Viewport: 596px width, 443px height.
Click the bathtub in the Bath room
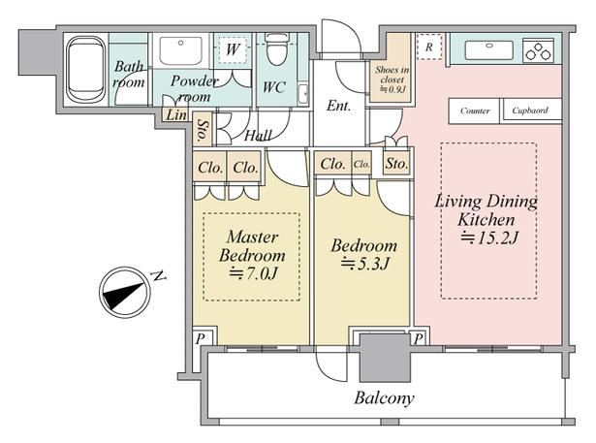pos(86,70)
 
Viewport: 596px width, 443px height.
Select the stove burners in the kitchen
pos(538,51)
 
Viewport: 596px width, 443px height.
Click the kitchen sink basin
pos(489,50)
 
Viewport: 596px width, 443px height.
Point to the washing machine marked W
pos(233,49)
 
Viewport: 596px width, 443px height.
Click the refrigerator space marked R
pos(429,47)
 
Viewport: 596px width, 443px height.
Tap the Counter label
pos(475,111)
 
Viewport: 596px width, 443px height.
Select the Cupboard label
pos(530,111)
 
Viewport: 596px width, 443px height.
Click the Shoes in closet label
pos(392,75)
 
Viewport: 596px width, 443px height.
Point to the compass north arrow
pos(124,293)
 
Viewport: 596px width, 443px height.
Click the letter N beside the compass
pos(159,275)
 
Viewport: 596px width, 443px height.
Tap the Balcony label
pos(384,397)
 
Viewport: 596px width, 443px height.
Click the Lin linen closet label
pos(176,114)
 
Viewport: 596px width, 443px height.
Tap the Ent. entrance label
pos(338,106)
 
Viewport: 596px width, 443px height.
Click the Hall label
pos(258,136)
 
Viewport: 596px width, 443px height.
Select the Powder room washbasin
pos(181,51)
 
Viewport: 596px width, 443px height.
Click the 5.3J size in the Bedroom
pos(365,263)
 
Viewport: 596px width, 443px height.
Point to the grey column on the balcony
pos(385,359)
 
